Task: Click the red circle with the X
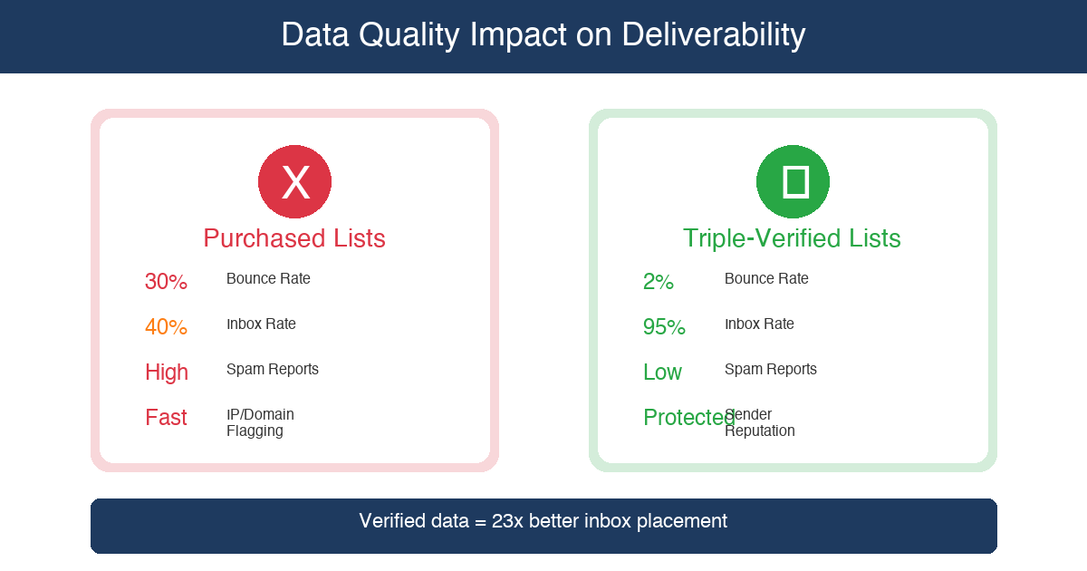point(294,181)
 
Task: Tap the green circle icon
point(793,181)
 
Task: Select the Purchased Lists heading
point(294,238)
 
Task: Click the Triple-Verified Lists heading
point(792,238)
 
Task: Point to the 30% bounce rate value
point(166,282)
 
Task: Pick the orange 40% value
point(166,327)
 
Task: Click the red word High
point(167,373)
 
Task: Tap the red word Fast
point(166,418)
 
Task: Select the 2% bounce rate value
point(659,282)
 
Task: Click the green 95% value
point(664,327)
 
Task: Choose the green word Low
point(662,373)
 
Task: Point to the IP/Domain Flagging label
point(260,422)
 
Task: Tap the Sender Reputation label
point(759,422)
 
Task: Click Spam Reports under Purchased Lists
point(273,369)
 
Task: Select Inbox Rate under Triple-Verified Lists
point(759,324)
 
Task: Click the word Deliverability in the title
point(713,35)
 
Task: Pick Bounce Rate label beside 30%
point(268,278)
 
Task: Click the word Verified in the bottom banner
point(393,521)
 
